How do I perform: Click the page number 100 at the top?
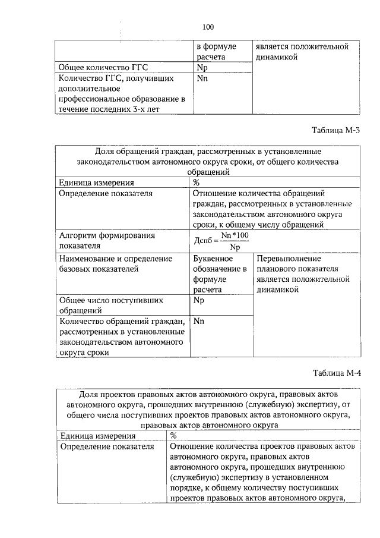click(207, 27)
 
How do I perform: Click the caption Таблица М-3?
click(335, 130)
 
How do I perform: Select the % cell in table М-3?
click(197, 183)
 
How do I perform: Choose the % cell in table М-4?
click(173, 436)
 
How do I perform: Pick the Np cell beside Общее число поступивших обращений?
click(199, 300)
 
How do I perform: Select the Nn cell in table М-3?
click(199, 321)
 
